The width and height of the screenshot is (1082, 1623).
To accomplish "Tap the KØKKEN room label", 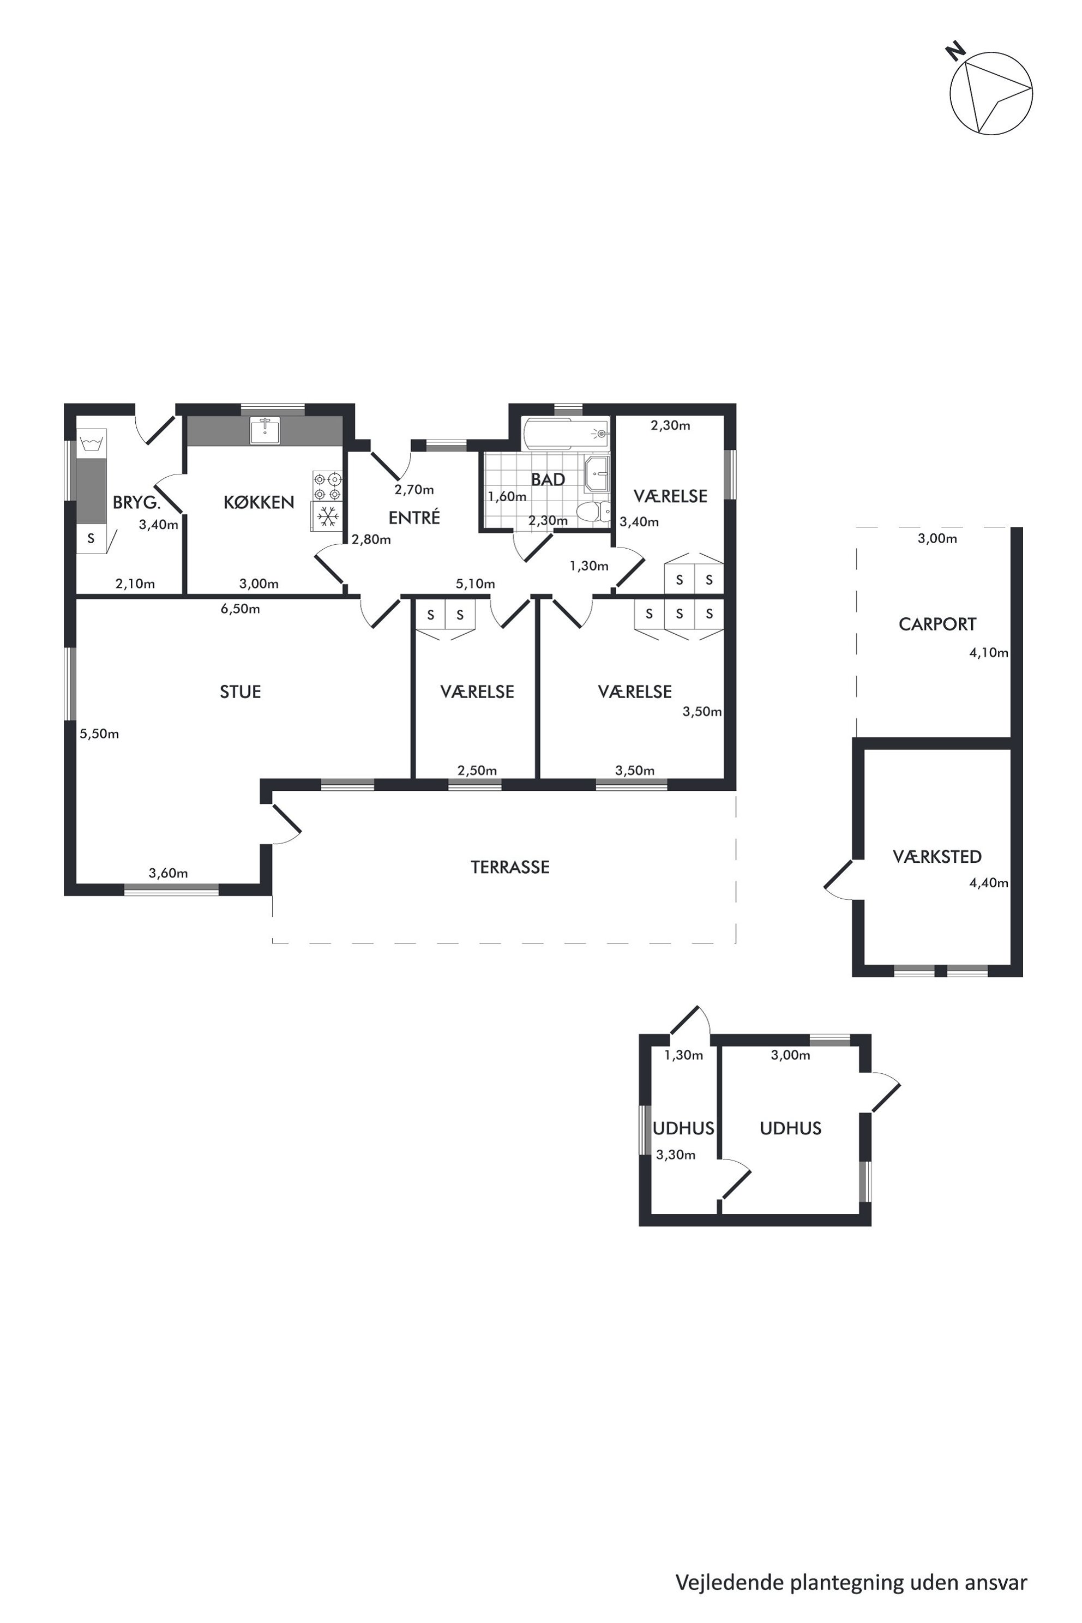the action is [x=259, y=502].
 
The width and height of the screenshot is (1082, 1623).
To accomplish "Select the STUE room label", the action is [x=240, y=692].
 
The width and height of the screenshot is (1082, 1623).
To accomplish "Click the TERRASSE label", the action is [x=510, y=867].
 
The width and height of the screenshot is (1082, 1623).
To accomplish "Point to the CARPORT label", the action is [x=937, y=624].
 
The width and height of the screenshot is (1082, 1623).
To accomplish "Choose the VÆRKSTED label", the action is [x=937, y=856].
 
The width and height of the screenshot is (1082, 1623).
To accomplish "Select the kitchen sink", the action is [x=265, y=431].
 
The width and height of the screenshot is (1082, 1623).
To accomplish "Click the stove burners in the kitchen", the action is [x=328, y=486].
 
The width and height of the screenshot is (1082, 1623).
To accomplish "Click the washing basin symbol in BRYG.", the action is [x=91, y=442].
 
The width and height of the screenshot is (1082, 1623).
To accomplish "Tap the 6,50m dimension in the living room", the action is [x=240, y=609].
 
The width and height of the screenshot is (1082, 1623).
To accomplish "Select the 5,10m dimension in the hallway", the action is [x=475, y=584].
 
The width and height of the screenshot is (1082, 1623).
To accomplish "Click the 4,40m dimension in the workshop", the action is [x=989, y=882].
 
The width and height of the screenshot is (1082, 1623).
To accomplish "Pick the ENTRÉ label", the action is [x=414, y=518].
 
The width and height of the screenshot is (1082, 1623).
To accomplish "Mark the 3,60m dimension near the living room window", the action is [x=169, y=873].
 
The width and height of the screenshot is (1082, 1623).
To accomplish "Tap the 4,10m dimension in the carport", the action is [x=989, y=652].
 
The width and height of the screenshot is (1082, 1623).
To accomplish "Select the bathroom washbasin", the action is [x=597, y=473].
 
